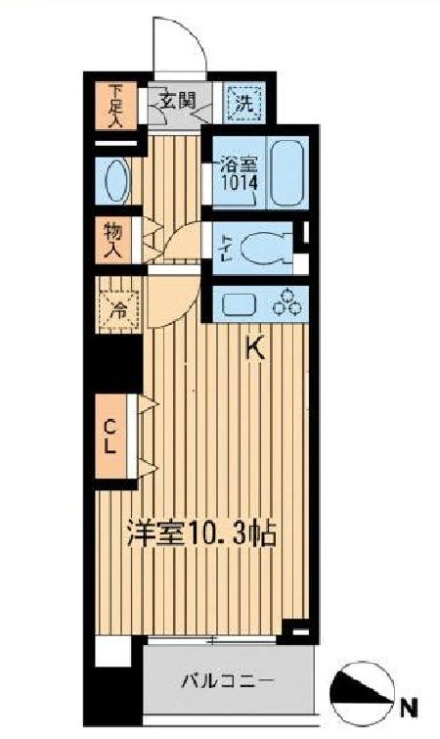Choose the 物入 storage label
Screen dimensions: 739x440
click(115, 240)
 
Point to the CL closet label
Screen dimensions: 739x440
click(113, 436)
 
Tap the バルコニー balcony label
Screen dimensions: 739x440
click(227, 681)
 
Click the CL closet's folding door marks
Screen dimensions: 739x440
click(148, 436)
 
